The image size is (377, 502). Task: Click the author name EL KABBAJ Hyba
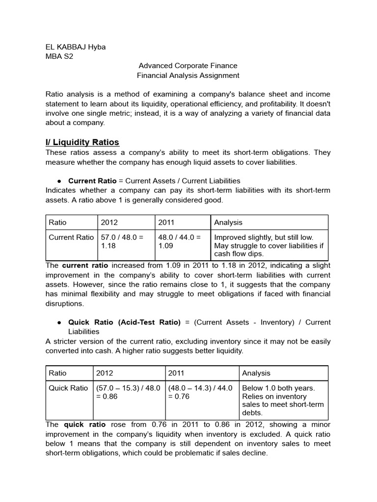click(x=75, y=47)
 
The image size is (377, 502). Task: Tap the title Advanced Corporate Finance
click(x=188, y=66)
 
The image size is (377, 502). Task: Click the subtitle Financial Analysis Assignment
click(x=188, y=75)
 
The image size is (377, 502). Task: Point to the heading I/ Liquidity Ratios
click(x=82, y=142)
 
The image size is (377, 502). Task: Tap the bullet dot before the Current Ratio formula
click(x=59, y=181)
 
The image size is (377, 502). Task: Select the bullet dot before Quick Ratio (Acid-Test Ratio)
click(x=59, y=322)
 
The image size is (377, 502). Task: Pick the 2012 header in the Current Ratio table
click(x=109, y=223)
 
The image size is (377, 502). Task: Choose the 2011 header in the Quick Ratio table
click(x=176, y=374)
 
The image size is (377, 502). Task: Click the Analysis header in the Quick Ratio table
click(x=256, y=374)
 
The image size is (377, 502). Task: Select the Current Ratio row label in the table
click(x=71, y=237)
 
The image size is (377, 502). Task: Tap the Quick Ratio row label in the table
click(x=68, y=388)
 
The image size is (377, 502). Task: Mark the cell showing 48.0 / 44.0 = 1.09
click(x=180, y=241)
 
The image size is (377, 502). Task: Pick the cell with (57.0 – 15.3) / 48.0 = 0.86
click(x=128, y=392)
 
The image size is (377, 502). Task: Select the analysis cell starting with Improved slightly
click(x=269, y=246)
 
